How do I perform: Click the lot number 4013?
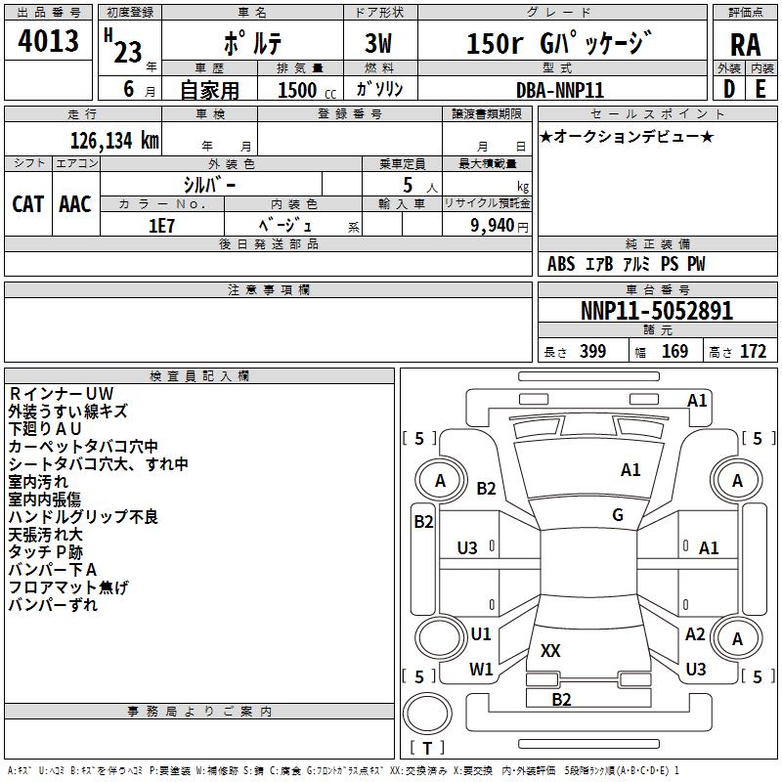[x=49, y=41]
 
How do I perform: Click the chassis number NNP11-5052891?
[x=656, y=312]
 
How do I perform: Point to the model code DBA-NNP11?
[x=560, y=90]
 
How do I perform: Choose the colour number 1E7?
[x=161, y=225]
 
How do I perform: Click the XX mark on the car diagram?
[x=550, y=651]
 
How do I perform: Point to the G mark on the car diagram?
[x=618, y=515]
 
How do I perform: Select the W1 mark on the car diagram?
[x=481, y=670]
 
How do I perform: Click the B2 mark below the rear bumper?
[x=561, y=699]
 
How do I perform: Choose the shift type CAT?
[x=28, y=204]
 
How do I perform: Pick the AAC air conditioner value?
[x=75, y=204]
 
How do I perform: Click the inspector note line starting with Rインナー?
[x=62, y=394]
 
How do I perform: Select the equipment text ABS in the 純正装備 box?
[x=561, y=264]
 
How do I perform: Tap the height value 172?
[x=753, y=352]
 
